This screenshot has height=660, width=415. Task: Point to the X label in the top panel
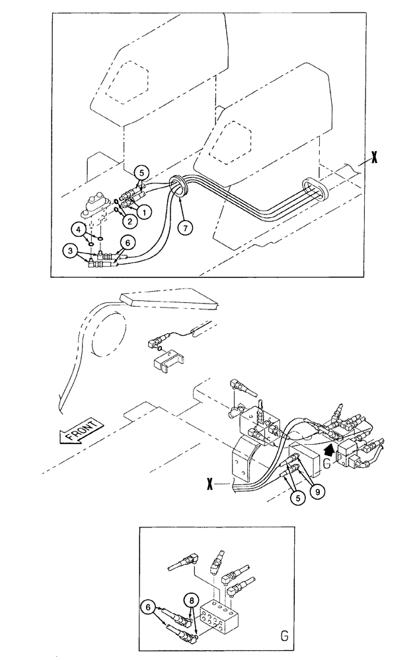[x=375, y=156]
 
